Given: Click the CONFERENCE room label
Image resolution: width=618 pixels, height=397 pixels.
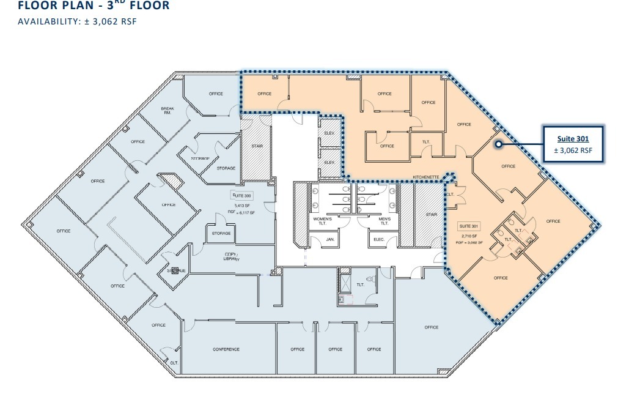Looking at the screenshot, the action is (x=226, y=349).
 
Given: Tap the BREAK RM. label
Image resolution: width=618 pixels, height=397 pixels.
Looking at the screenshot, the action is (x=167, y=111).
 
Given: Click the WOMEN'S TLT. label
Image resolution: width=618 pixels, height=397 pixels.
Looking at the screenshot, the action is (x=322, y=221).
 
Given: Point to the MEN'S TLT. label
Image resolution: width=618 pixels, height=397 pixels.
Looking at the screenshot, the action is (x=384, y=221).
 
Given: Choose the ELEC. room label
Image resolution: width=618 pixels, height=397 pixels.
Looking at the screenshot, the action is (x=379, y=239).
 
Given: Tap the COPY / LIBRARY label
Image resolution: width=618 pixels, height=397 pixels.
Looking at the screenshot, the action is (x=230, y=256).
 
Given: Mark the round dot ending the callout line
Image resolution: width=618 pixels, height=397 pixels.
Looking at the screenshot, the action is (x=498, y=145).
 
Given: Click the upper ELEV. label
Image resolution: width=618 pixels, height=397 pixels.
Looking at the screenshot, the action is (x=329, y=133).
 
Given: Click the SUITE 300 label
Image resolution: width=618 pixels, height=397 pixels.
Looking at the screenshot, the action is (x=241, y=195).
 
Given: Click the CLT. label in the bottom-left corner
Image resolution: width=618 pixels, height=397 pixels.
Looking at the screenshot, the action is (x=174, y=363).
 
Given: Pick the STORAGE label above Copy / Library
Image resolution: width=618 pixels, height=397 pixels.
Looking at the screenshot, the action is (x=221, y=233).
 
